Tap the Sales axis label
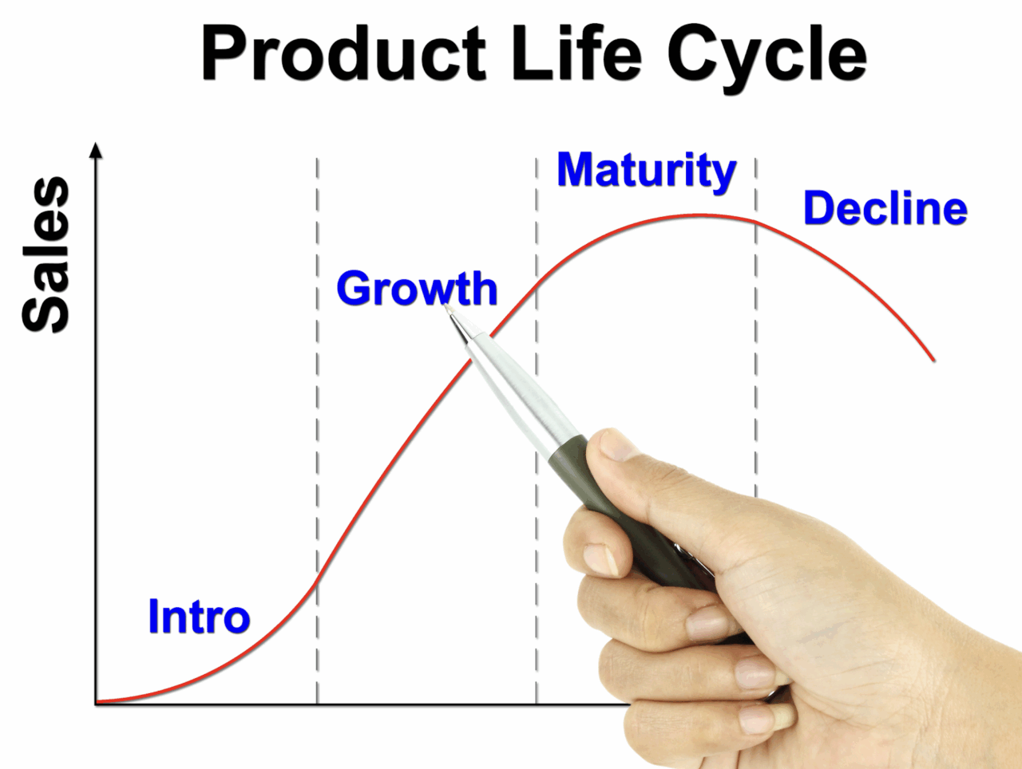(x=46, y=254)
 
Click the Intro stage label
(x=200, y=616)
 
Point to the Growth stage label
(x=417, y=289)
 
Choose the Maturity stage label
(x=647, y=172)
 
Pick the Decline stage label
(x=885, y=208)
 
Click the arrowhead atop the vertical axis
(x=96, y=151)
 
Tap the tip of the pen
(x=446, y=307)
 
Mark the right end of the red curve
(x=933, y=360)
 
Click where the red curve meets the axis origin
(x=97, y=701)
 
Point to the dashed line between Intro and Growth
(x=317, y=431)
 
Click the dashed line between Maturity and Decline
(x=755, y=325)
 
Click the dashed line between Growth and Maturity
(x=536, y=431)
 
